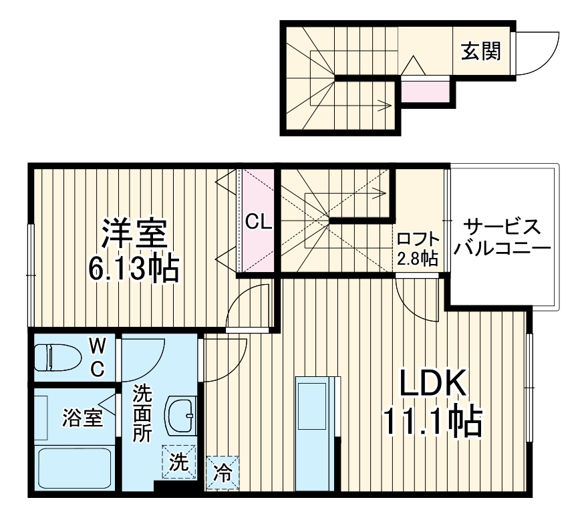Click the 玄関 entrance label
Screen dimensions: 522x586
480,51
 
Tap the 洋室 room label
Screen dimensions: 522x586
134,235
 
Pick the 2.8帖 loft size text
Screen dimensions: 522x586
418,259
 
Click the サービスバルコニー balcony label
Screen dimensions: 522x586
502,237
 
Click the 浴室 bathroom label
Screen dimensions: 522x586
82,418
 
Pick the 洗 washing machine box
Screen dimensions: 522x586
178,461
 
